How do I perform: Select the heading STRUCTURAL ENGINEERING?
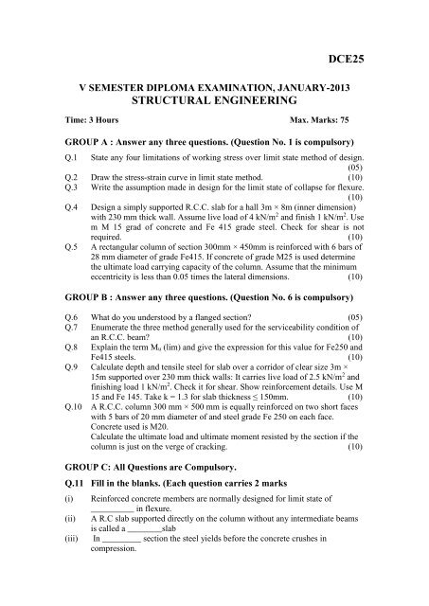(214, 98)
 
